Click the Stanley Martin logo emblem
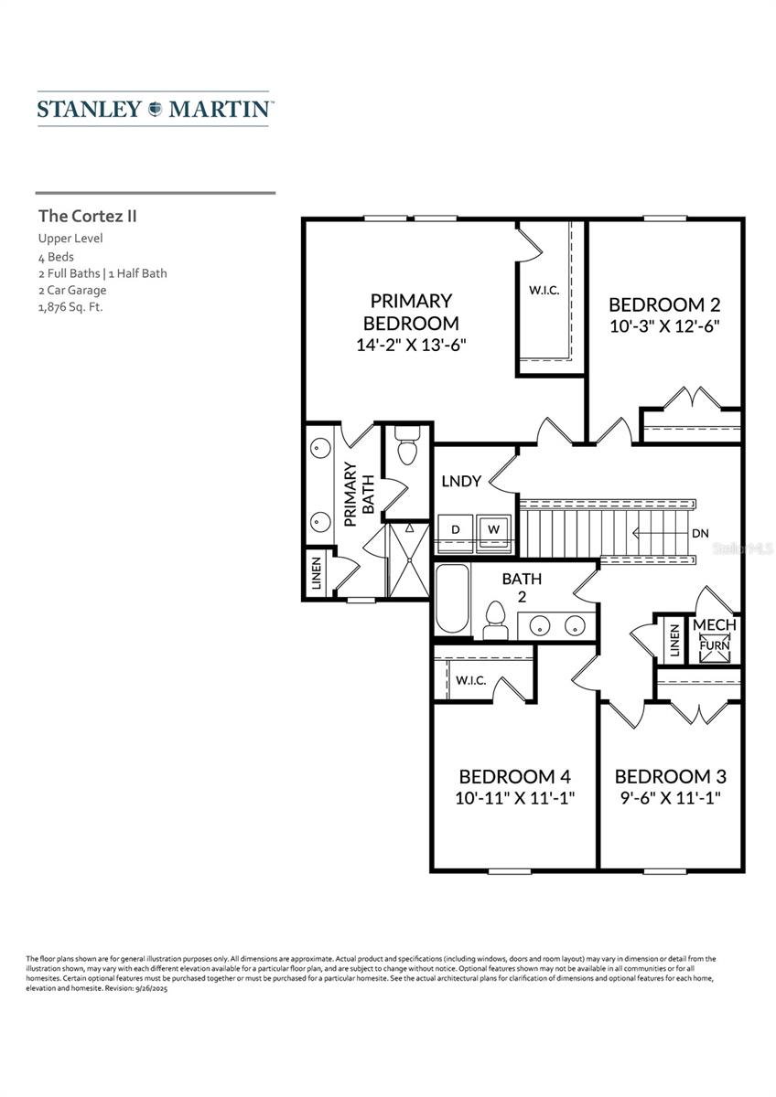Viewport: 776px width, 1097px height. pos(154,109)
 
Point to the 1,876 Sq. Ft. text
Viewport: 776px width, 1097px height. pos(70,307)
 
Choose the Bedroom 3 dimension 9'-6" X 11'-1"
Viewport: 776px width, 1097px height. pos(670,797)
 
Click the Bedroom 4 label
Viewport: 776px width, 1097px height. pos(516,776)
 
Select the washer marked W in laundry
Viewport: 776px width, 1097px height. pos(492,529)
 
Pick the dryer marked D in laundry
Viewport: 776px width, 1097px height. pos(454,529)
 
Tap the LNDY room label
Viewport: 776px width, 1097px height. pos(460,481)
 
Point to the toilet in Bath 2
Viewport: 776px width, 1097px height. pos(495,621)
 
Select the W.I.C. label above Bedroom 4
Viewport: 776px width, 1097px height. pos(470,681)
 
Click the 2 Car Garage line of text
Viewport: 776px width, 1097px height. pos(72,290)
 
